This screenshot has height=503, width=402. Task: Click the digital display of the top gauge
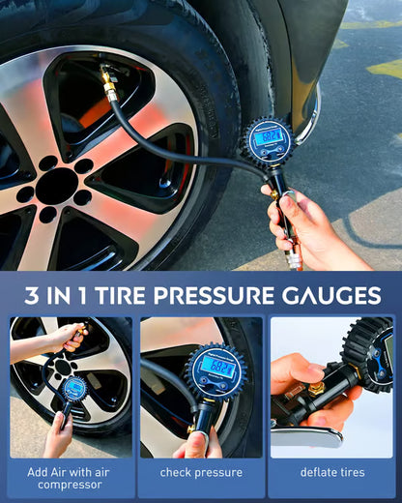coord(272,136)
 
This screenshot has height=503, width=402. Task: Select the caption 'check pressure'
coord(200,473)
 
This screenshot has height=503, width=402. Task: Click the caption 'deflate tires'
coord(331,473)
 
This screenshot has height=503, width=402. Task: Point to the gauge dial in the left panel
coord(74,390)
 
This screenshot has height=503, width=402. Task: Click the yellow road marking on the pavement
coord(385,68)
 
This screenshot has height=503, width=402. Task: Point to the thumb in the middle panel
coord(196,444)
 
